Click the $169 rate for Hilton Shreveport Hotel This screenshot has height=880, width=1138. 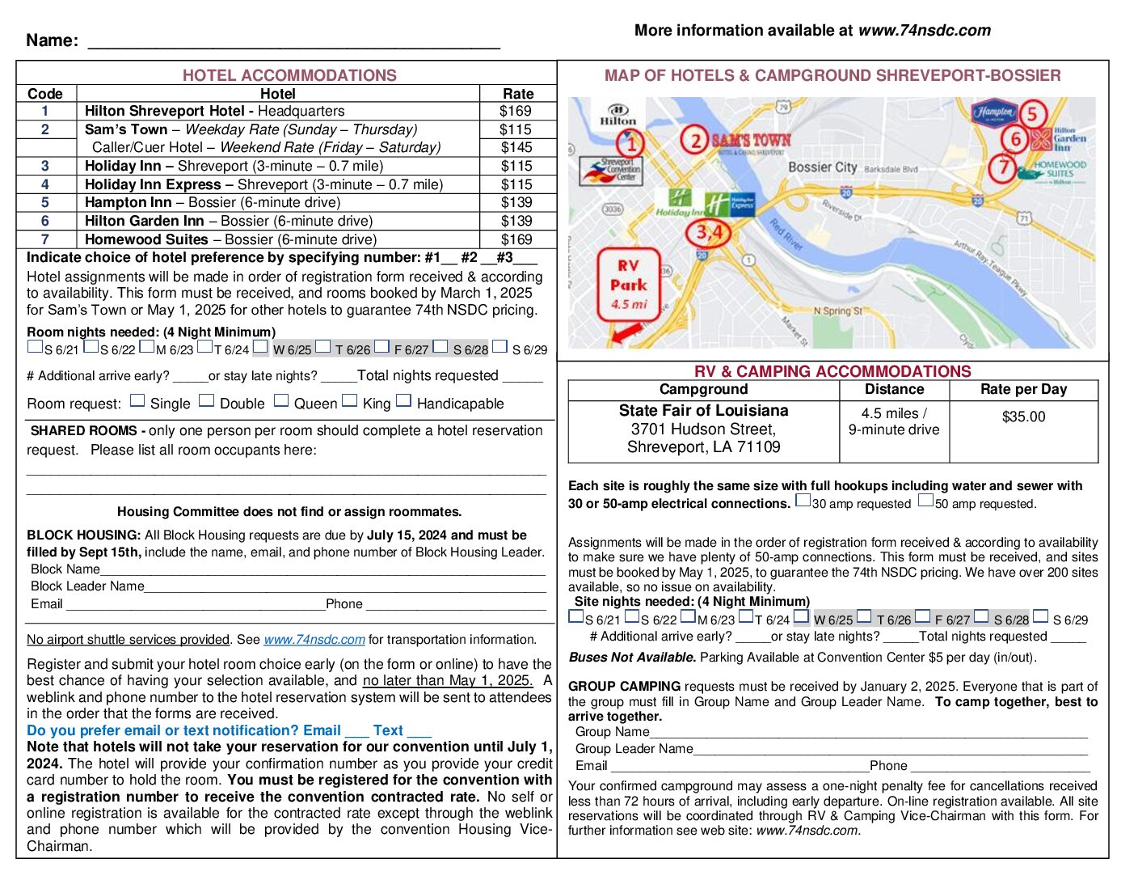pos(516,111)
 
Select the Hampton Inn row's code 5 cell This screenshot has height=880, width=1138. pos(45,202)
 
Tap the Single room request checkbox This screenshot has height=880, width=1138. pos(137,400)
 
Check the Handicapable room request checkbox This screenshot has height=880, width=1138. pos(404,400)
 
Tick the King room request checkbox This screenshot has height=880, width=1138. pos(350,400)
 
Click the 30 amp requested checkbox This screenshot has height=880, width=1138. pos(803,501)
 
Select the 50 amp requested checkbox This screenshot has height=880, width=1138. pos(925,501)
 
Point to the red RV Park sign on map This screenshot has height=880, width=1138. pos(628,284)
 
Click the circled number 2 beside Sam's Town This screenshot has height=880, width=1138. pos(695,141)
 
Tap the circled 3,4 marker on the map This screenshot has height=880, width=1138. pos(709,233)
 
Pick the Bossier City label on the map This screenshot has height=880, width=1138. pos(822,167)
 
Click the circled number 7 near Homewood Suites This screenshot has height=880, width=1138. pos(1003,168)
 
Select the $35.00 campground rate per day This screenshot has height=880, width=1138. pos(1023,417)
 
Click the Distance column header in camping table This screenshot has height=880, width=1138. pos(894,389)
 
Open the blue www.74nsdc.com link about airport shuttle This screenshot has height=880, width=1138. pos(314,639)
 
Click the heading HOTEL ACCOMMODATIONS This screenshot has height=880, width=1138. pos(289,75)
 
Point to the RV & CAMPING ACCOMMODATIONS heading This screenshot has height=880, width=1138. pos(832,371)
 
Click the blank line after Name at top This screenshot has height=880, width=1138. pos(293,42)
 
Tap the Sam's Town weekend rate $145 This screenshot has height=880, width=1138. pos(516,147)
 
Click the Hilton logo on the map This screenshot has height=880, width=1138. pos(618,114)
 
